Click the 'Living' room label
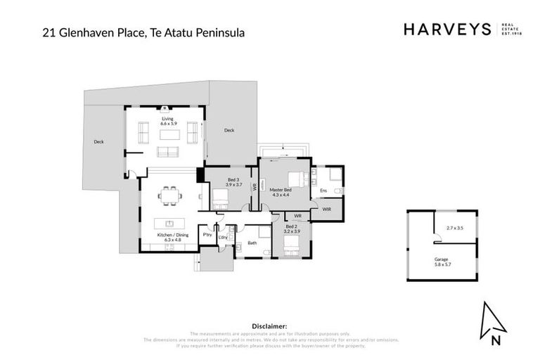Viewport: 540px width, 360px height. pyautogui.click(x=167, y=119)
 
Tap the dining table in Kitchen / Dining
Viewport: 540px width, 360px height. pyautogui.click(x=169, y=195)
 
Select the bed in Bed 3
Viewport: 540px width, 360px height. pyautogui.click(x=220, y=197)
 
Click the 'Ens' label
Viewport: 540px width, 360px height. pyautogui.click(x=323, y=190)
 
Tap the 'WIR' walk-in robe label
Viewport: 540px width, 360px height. pyautogui.click(x=327, y=209)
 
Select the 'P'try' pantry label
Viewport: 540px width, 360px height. pyautogui.click(x=207, y=234)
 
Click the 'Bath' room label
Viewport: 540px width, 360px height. pyautogui.click(x=252, y=243)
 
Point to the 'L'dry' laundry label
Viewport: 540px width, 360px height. pyautogui.click(x=223, y=238)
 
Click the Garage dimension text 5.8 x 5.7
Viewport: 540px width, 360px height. pyautogui.click(x=441, y=262)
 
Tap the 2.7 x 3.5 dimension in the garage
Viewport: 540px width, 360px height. pyautogui.click(x=455, y=228)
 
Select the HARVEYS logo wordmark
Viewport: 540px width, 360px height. pyautogui.click(x=447, y=30)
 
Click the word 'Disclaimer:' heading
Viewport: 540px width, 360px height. pyautogui.click(x=269, y=326)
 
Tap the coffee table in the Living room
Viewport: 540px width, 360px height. pyautogui.click(x=169, y=134)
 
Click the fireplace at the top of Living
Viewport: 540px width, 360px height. pyautogui.click(x=164, y=108)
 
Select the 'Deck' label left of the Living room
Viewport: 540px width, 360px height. pyautogui.click(x=98, y=142)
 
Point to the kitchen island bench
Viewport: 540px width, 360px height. pyautogui.click(x=169, y=223)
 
